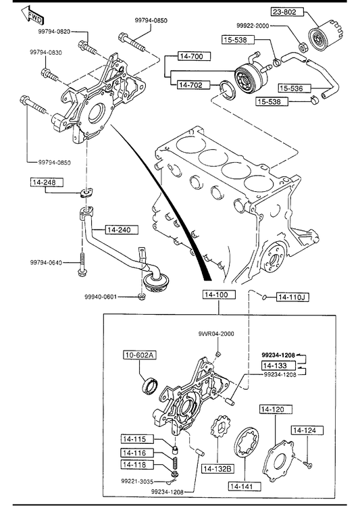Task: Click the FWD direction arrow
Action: pos(32,15)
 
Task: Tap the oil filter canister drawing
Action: pos(325,35)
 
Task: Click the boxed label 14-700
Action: pos(195,56)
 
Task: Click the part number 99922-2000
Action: pos(252,26)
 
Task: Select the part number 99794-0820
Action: pos(54,32)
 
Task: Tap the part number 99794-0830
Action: pos(46,53)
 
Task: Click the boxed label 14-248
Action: pos(47,182)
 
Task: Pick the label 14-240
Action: pos(122,230)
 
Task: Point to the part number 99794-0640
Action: pos(46,263)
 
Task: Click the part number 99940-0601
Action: pos(101,297)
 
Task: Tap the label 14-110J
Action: pos(293,297)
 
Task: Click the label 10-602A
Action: pos(140,355)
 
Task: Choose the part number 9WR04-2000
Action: pos(216,334)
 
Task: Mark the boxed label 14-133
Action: pos(278,365)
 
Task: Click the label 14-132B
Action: pos(218,469)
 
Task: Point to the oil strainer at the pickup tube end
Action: pos(155,282)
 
